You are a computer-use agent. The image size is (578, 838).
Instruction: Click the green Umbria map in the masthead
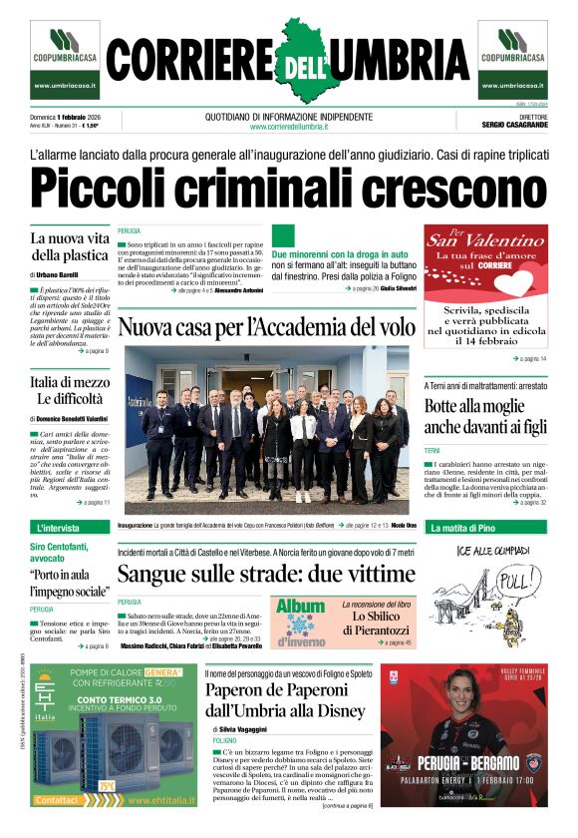tap(289, 62)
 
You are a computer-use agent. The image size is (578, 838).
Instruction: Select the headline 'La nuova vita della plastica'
tap(69, 247)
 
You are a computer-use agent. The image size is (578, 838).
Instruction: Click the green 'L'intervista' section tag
tap(59, 527)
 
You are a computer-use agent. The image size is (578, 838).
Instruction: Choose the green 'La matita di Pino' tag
tap(462, 527)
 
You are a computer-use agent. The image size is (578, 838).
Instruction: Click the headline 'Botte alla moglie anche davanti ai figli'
tap(485, 416)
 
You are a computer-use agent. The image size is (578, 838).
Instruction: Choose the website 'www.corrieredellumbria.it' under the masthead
tap(289, 126)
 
